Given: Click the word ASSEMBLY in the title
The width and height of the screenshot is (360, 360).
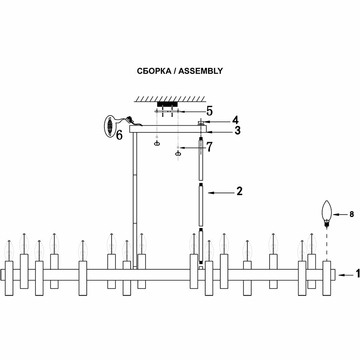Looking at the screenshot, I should tap(201, 71).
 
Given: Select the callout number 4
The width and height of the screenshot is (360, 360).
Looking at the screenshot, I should tap(235, 120).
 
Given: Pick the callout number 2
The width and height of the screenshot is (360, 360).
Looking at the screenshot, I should tap(239, 192).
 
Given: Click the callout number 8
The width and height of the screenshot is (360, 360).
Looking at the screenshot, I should tap(352, 215).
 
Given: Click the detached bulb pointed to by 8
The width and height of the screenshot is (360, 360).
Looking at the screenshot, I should tap(327, 212).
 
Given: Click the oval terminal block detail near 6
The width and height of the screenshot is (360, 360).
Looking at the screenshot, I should tap(110, 127).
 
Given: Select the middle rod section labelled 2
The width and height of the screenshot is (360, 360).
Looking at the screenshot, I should tap(201, 204).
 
